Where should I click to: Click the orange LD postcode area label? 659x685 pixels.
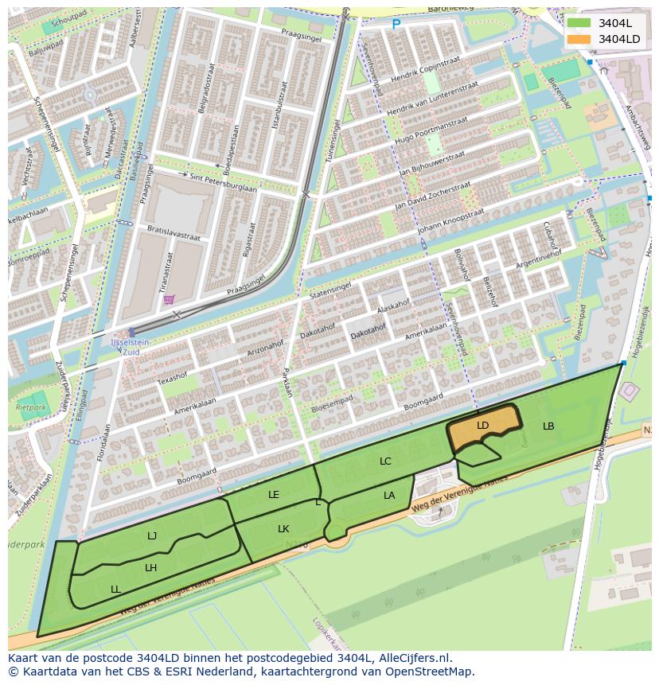tap(482, 426)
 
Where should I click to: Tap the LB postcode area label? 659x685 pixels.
tap(548, 426)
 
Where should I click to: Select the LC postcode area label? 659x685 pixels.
tap(385, 461)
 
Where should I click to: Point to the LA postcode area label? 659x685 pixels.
tap(389, 496)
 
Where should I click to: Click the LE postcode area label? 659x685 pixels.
tap(274, 495)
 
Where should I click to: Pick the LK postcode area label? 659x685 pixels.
tap(283, 529)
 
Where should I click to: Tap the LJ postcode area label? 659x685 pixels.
tap(152, 536)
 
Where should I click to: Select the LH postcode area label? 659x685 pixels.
tap(150, 568)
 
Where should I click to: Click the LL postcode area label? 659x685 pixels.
tap(115, 590)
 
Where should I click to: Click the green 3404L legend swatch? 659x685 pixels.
tap(579, 23)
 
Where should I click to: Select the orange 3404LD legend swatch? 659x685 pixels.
tap(579, 39)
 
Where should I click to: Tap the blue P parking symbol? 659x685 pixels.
tap(396, 25)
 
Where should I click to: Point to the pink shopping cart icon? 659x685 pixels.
tap(169, 299)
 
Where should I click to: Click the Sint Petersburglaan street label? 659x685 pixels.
tap(222, 182)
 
